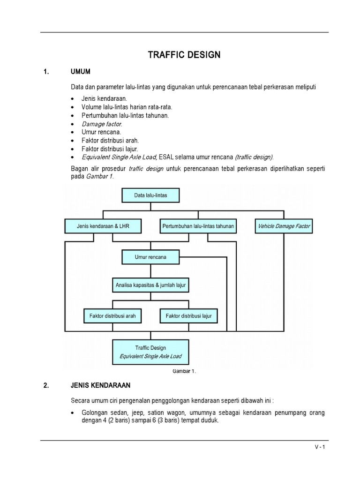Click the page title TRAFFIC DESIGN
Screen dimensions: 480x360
[184, 55]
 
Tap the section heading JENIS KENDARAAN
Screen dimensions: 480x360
[100, 385]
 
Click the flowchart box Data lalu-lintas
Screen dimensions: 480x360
[150, 195]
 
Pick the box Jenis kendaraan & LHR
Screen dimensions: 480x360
[103, 226]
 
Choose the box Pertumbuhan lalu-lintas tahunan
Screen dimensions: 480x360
[198, 226]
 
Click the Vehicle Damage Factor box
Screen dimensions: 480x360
[284, 226]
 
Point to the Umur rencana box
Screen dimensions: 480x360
[150, 257]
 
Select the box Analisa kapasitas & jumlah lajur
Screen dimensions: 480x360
[150, 285]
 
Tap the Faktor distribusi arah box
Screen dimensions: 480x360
[112, 316]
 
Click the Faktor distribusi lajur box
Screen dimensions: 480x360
[188, 316]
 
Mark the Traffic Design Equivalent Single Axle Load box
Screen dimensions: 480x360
[150, 352]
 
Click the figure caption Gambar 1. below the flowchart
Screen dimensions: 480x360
[184, 371]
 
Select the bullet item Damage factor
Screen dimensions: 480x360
[101, 124]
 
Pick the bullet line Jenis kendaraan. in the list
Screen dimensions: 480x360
[101, 99]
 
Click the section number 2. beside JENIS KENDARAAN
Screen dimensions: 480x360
[46, 385]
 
